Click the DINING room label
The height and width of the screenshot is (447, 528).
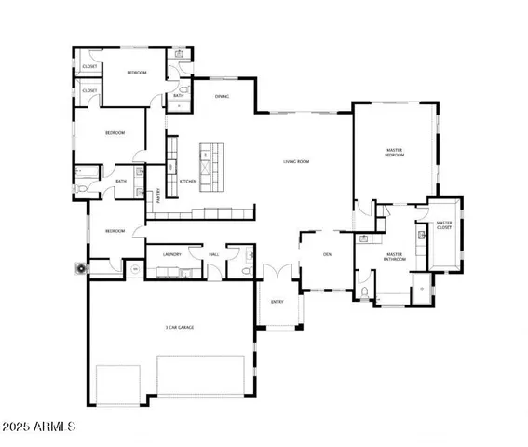[x=222, y=96]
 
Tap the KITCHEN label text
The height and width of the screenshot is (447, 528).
[x=186, y=181]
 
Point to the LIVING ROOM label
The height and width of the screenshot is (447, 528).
[x=296, y=161]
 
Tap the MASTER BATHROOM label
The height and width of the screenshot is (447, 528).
[x=394, y=256]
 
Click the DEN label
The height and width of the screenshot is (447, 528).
[x=328, y=253]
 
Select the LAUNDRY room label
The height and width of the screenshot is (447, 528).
[x=170, y=252]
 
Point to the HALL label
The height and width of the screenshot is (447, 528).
[x=213, y=252]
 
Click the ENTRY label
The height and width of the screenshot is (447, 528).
[x=277, y=302]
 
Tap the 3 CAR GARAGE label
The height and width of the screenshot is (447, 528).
[x=172, y=328]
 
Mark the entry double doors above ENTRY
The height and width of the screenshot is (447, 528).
[x=277, y=275]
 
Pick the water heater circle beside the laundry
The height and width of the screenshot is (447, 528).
[x=135, y=269]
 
